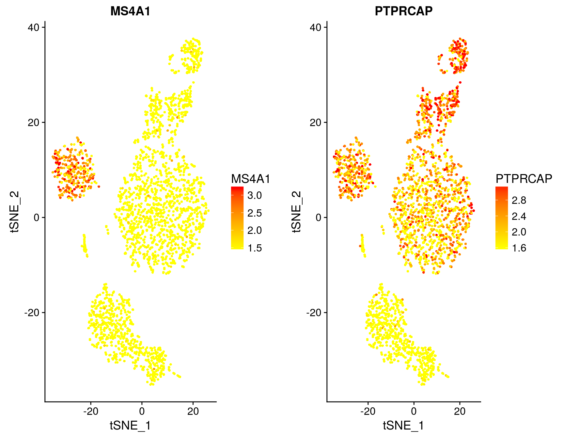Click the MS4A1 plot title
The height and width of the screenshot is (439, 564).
(130, 11)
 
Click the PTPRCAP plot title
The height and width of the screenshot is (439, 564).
(403, 11)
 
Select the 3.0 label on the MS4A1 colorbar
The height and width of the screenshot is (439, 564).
(255, 196)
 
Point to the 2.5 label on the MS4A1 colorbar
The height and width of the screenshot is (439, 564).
(255, 213)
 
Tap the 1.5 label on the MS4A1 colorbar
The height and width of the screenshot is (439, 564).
(255, 248)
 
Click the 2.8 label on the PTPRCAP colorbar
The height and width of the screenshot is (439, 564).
(519, 200)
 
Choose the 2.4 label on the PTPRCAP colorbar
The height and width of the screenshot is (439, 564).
(519, 216)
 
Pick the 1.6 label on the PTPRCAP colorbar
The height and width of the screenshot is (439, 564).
(519, 248)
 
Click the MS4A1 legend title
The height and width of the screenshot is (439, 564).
(251, 179)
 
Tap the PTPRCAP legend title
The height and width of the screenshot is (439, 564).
(524, 179)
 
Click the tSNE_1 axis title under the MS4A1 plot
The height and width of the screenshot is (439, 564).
(130, 426)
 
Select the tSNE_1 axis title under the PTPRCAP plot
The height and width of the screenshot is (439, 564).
(403, 426)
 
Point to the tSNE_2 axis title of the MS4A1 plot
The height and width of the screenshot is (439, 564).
(15, 212)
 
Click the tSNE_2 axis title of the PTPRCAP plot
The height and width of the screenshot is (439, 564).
(296, 212)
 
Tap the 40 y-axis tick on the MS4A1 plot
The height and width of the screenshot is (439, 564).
(33, 27)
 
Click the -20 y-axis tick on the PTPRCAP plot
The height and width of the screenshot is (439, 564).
(314, 313)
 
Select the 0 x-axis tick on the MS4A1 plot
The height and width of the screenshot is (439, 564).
(142, 411)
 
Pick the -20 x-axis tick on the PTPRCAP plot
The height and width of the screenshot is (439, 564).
(368, 411)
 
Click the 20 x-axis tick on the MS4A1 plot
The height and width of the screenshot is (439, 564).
(193, 411)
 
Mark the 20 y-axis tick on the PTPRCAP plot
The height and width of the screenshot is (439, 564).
(315, 122)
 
